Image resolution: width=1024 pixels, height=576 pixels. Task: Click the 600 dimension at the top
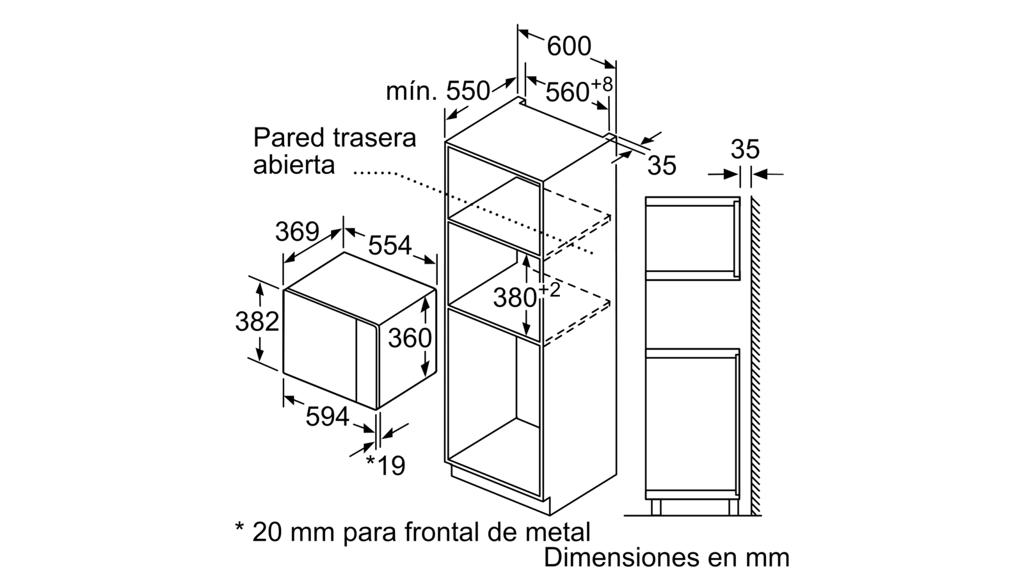[x=569, y=47]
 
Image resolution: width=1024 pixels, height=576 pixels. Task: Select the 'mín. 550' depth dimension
[x=438, y=92]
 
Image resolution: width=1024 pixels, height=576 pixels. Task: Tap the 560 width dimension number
[x=567, y=92]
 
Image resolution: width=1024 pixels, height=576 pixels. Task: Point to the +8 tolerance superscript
[x=602, y=84]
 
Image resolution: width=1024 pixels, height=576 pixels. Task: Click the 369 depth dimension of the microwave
[x=297, y=232]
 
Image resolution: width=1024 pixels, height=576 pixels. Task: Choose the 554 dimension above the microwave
[x=390, y=246]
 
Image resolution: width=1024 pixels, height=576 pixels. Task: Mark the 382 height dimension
[x=257, y=321]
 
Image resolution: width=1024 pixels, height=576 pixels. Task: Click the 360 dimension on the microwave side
[x=410, y=339]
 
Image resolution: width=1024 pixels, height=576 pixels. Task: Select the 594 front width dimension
[x=327, y=417]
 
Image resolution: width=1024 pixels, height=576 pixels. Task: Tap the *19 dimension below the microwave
[x=386, y=465]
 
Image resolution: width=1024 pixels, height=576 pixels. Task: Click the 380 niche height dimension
[x=515, y=298]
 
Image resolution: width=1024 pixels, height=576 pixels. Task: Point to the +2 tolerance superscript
[x=550, y=291]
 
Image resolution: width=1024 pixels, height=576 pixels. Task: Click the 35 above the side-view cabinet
[x=745, y=149]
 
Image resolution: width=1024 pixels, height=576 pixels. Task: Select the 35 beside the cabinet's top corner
[x=662, y=166]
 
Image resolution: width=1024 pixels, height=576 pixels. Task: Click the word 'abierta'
[x=294, y=165]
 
